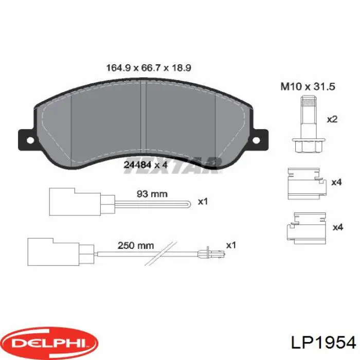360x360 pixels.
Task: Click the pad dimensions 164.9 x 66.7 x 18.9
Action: coord(149,68)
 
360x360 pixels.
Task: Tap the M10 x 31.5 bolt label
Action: coord(308,86)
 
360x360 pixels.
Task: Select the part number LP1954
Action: coord(323,343)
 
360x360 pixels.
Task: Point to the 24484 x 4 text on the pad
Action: coord(146,165)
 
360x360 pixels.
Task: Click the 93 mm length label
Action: coord(152,194)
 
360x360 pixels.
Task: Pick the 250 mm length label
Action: coord(136,245)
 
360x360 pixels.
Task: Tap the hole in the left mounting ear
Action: coord(30,140)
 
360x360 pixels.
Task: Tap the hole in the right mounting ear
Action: coord(256,140)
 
